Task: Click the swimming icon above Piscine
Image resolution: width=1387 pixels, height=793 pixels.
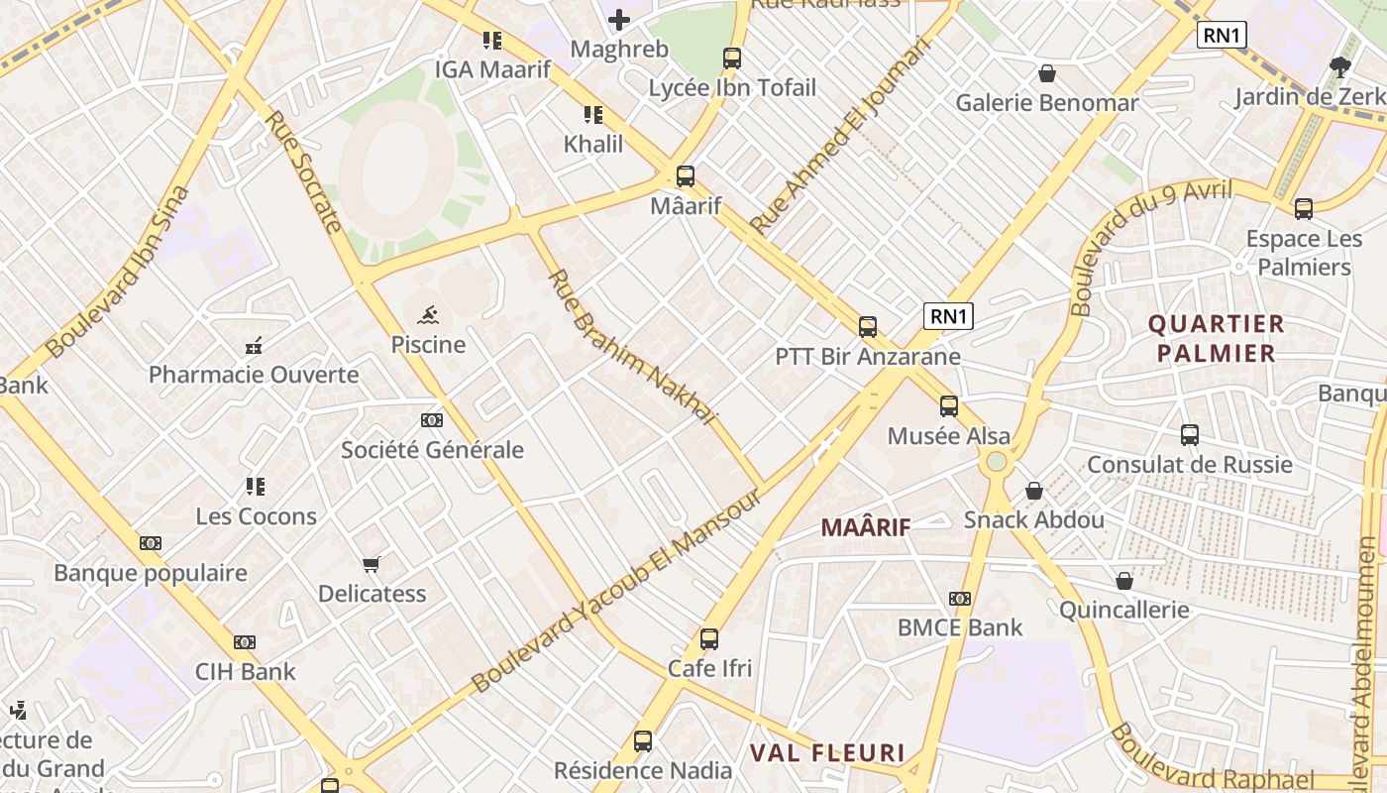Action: click(x=429, y=316)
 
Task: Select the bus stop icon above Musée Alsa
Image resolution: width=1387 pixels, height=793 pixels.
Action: click(x=949, y=405)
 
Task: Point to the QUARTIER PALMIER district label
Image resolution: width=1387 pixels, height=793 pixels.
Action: click(x=1216, y=338)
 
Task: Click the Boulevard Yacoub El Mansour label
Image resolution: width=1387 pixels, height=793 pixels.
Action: click(x=617, y=591)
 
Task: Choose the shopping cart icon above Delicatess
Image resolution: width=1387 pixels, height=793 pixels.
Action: click(x=372, y=565)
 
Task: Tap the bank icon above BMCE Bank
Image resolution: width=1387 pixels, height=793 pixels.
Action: click(x=959, y=599)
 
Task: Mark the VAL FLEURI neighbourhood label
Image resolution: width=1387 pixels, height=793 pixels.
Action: click(x=827, y=752)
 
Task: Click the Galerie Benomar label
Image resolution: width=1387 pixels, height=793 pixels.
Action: click(x=1046, y=103)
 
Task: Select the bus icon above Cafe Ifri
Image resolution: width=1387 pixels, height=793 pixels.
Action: click(x=709, y=639)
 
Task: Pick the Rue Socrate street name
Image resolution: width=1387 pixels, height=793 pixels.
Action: click(x=304, y=170)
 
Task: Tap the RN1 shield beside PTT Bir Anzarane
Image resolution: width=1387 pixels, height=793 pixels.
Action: click(x=948, y=316)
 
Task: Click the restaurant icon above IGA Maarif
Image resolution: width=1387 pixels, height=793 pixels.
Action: click(x=491, y=41)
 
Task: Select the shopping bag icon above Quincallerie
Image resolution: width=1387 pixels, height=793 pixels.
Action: click(x=1124, y=581)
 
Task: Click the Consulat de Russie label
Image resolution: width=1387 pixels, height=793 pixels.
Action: click(x=1189, y=464)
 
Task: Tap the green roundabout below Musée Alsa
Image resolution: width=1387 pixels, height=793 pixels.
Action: click(x=997, y=461)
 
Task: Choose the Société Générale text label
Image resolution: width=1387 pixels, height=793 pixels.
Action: click(x=432, y=449)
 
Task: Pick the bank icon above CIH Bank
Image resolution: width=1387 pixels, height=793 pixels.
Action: click(x=245, y=642)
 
